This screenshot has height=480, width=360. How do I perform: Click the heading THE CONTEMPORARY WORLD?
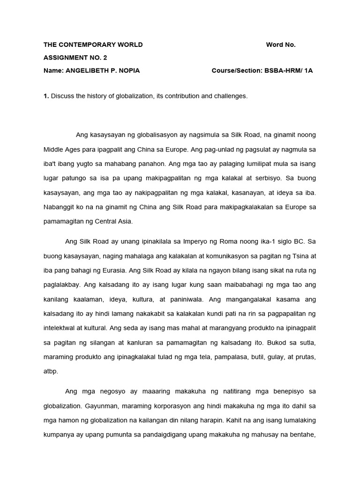(93, 45)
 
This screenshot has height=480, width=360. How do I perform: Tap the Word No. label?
(281, 45)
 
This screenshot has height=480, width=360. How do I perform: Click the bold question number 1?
(46, 96)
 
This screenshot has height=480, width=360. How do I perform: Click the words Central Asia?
(119, 221)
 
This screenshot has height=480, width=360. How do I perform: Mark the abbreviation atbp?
(51, 371)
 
